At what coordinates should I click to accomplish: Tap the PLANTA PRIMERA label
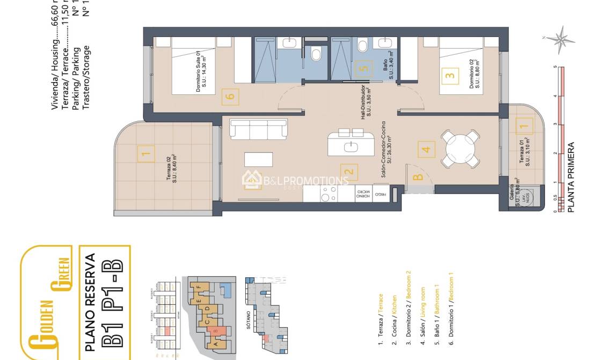point(571,177)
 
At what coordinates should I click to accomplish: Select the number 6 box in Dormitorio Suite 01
point(230,97)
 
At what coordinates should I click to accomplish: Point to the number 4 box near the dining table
point(427,150)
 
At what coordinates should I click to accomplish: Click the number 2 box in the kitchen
point(349,173)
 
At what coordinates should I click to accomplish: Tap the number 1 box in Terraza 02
point(144,154)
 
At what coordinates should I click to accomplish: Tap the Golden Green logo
point(48,303)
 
